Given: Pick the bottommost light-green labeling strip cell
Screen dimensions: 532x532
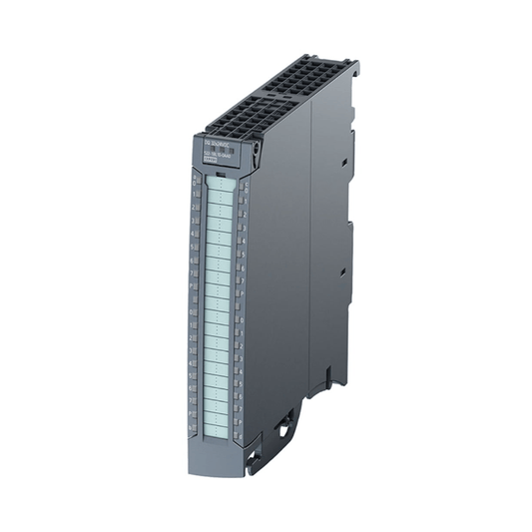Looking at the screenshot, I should [x=221, y=418].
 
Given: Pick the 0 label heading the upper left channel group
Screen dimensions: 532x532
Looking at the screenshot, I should [x=193, y=183].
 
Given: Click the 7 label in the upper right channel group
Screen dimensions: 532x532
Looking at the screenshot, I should [x=245, y=271].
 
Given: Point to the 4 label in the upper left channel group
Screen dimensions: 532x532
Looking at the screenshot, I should [x=193, y=240].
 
